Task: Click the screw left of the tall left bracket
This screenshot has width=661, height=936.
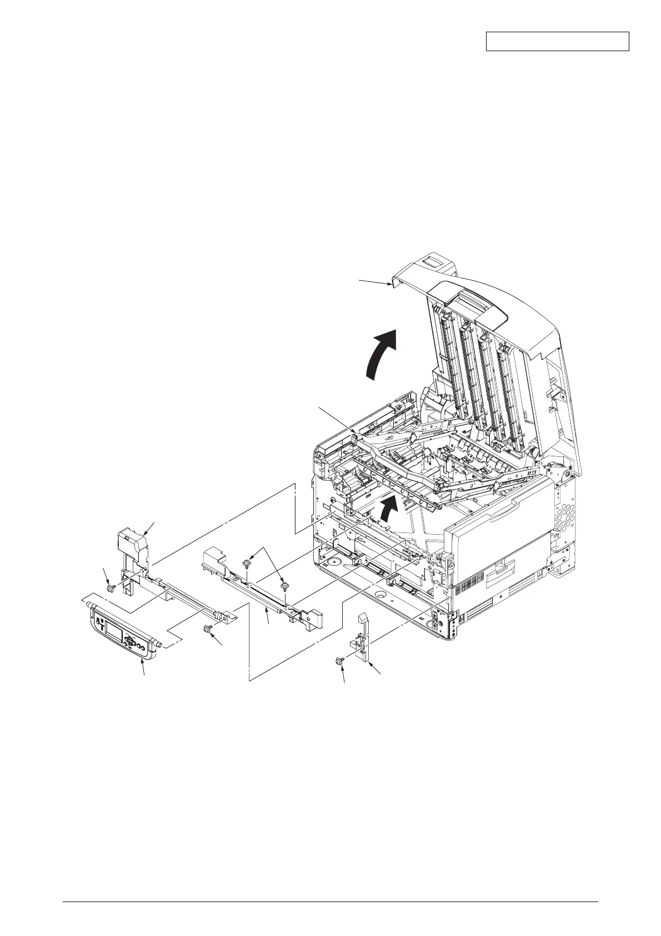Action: [109, 587]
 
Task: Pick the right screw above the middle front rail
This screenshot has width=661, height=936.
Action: [284, 586]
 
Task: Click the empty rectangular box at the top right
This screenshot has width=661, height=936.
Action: [557, 42]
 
